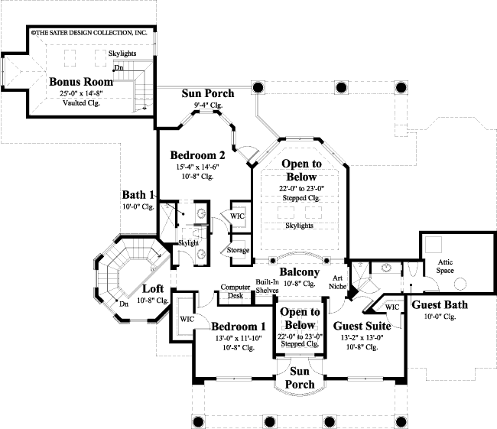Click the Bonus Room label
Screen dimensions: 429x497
[x=76, y=81]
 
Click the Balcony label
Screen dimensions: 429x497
[x=299, y=272]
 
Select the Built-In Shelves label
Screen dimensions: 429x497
[x=267, y=285]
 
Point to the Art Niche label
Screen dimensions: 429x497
[x=336, y=282]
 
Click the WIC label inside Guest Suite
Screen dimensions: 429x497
[x=392, y=307]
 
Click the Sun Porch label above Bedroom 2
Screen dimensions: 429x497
[x=207, y=93]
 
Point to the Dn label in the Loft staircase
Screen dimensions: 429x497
[x=124, y=304]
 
